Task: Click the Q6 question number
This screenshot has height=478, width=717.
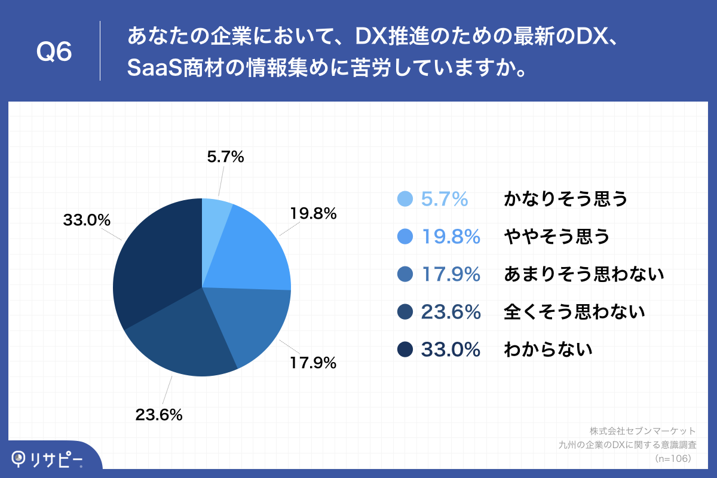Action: pyautogui.click(x=54, y=51)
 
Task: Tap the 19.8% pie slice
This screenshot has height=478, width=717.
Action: pyautogui.click(x=251, y=251)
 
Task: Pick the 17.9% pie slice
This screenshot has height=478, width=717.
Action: pyautogui.click(x=251, y=323)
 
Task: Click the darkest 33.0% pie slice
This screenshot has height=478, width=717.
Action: pyautogui.click(x=155, y=263)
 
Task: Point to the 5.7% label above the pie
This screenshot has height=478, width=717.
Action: pyautogui.click(x=225, y=157)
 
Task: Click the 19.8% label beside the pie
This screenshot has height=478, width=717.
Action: pyautogui.click(x=314, y=213)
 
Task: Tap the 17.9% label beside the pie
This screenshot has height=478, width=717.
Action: pyautogui.click(x=314, y=362)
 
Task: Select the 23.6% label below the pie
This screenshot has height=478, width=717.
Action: pyautogui.click(x=158, y=414)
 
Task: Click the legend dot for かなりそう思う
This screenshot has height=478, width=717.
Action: pyautogui.click(x=405, y=199)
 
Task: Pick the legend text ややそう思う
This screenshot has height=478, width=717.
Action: pyautogui.click(x=557, y=237)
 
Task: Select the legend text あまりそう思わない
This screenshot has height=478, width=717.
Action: pyautogui.click(x=584, y=274)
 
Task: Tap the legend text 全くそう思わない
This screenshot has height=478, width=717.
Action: pyautogui.click(x=575, y=311)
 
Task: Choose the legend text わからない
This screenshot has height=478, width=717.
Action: pyautogui.click(x=548, y=349)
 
